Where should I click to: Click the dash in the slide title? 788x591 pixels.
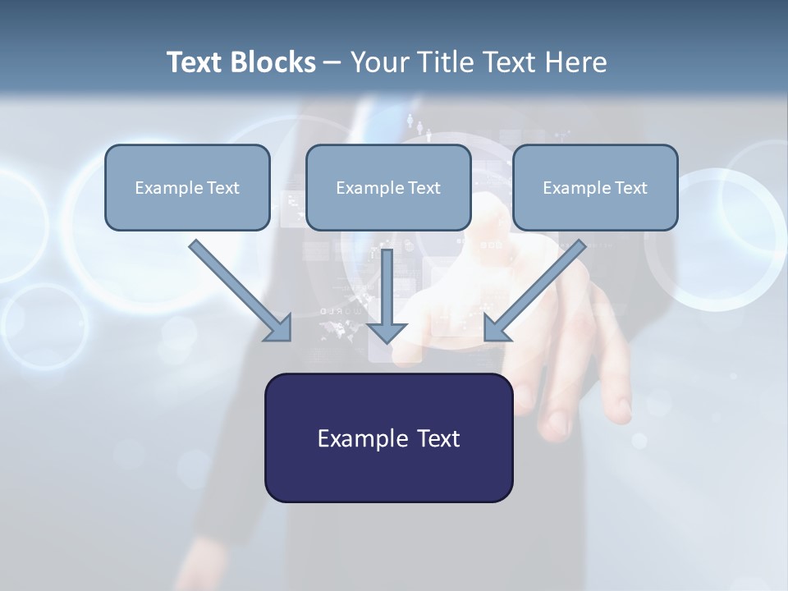(x=332, y=63)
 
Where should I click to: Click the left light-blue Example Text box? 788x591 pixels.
(x=187, y=187)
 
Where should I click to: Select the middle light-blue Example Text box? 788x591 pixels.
(x=388, y=187)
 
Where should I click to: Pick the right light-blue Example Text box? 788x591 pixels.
(x=595, y=187)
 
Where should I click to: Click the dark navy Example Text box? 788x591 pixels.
(x=388, y=438)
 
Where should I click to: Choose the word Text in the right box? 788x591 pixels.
(x=631, y=188)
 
